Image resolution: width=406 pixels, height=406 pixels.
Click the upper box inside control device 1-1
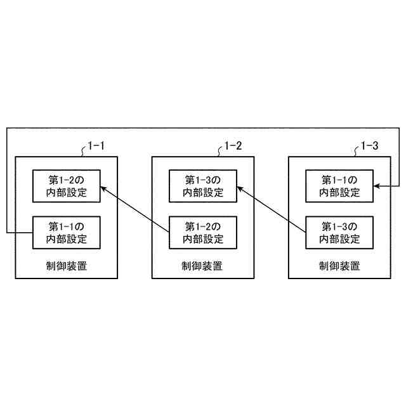click(x=66, y=186)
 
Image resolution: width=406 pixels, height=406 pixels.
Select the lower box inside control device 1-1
click(x=66, y=233)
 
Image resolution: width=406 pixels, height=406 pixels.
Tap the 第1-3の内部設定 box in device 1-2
click(x=203, y=186)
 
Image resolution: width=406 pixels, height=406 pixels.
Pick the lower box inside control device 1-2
click(x=203, y=233)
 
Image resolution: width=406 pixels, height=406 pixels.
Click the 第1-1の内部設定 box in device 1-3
click(x=339, y=186)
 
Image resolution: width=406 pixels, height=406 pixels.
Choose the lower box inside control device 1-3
click(x=339, y=233)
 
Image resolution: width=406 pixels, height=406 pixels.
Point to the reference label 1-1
click(x=96, y=147)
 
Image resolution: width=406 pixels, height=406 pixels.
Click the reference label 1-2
click(x=233, y=147)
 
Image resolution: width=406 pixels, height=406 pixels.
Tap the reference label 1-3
click(x=369, y=147)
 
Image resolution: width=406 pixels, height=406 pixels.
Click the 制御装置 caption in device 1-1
click(x=66, y=265)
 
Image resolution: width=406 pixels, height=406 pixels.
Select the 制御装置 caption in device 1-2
click(x=203, y=265)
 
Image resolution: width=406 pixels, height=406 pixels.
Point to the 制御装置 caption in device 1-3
click(x=339, y=265)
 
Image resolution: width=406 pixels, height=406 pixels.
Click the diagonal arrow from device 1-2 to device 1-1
click(x=134, y=209)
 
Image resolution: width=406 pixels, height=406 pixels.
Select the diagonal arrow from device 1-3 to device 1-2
click(x=272, y=209)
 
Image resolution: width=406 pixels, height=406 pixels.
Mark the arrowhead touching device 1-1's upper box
click(x=103, y=188)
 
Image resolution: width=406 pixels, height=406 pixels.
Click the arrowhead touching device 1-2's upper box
click(x=240, y=188)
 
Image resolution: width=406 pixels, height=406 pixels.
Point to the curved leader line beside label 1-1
click(x=83, y=151)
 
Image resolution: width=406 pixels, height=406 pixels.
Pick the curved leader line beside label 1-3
click(x=357, y=151)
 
